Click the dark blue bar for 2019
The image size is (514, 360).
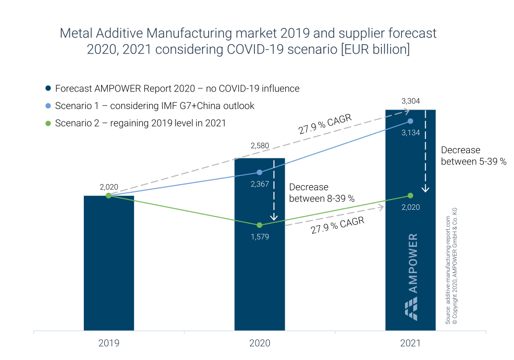[109, 262]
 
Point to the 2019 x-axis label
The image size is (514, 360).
[109, 343]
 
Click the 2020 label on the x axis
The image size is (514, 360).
[260, 343]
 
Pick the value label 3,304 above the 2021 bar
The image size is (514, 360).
[410, 101]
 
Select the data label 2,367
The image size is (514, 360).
[260, 184]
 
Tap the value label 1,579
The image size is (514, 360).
[260, 237]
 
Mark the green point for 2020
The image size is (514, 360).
[260, 225]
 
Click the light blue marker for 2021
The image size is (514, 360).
[410, 121]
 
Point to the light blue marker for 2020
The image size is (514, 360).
[260, 172]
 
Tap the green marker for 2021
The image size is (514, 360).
[410, 195]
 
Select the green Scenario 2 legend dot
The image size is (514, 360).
[48, 123]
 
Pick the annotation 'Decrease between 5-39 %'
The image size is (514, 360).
[473, 155]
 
